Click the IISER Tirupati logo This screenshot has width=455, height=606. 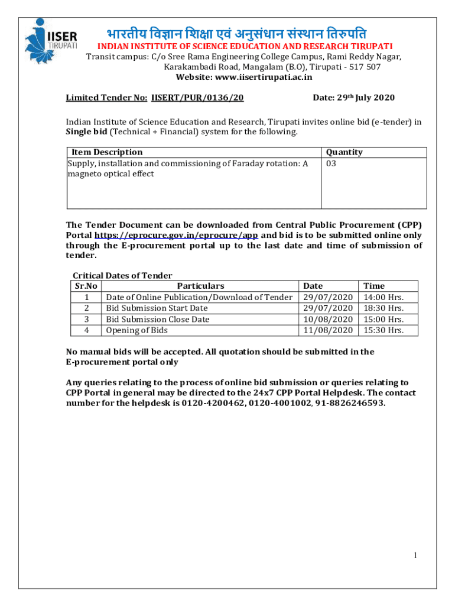(x=50, y=41)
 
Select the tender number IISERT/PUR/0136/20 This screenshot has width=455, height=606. (x=198, y=98)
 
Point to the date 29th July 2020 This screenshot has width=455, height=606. (x=353, y=98)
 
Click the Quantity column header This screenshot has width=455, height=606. (x=344, y=152)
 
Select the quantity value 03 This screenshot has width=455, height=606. (x=331, y=163)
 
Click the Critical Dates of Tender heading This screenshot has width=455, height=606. (x=122, y=275)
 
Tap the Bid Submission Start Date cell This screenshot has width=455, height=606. (x=157, y=308)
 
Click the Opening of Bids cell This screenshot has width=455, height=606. (x=136, y=330)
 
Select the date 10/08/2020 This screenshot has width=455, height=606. (x=328, y=320)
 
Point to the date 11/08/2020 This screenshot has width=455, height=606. (x=328, y=330)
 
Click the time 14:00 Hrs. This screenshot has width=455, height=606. (x=383, y=297)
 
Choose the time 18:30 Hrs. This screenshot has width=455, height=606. (x=383, y=308)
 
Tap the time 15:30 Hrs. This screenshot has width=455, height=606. (x=383, y=330)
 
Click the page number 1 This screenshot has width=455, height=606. (x=416, y=555)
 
